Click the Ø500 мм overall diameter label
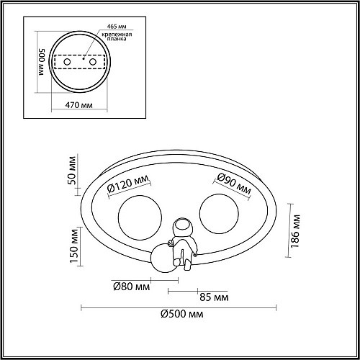[x=182, y=314]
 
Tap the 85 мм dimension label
[x=214, y=297]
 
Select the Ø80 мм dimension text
[x=132, y=287]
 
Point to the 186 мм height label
[x=295, y=231]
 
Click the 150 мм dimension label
[x=74, y=246]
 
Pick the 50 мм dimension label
[x=72, y=171]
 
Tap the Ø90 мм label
[x=234, y=184]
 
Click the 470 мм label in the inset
[x=79, y=105]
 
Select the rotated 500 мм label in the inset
[x=42, y=62]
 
